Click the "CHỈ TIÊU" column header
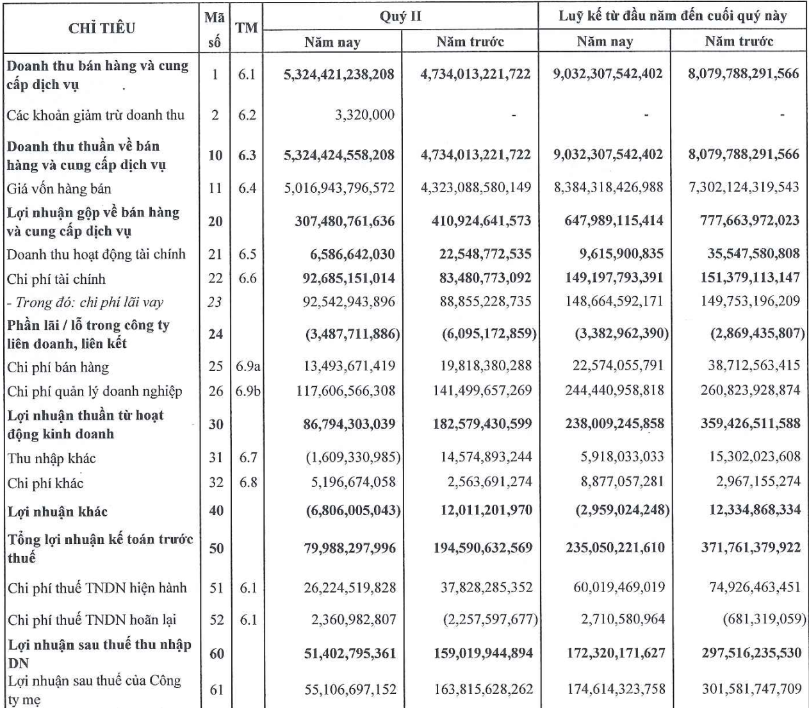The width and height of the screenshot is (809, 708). pyautogui.click(x=102, y=28)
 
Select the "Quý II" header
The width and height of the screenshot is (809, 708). pyautogui.click(x=400, y=16)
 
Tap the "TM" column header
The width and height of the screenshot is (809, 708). pyautogui.click(x=247, y=28)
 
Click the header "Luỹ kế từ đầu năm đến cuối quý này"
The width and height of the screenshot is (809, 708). pyautogui.click(x=673, y=16)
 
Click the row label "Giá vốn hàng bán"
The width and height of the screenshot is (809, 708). pyautogui.click(x=59, y=189)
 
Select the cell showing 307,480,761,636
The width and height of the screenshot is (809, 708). pyautogui.click(x=345, y=222)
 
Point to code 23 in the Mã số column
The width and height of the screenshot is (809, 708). pyautogui.click(x=215, y=302)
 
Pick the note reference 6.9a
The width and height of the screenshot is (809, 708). pyautogui.click(x=247, y=366)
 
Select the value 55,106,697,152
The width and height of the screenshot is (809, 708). pyautogui.click(x=350, y=690)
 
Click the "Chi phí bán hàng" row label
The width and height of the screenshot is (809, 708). pyautogui.click(x=58, y=368)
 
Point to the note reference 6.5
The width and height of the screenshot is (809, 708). pyautogui.click(x=247, y=254)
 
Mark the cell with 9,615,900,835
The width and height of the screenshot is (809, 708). pyautogui.click(x=621, y=254)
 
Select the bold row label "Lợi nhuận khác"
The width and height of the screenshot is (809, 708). pyautogui.click(x=58, y=512)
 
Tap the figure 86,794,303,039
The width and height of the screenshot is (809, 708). pyautogui.click(x=349, y=424)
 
